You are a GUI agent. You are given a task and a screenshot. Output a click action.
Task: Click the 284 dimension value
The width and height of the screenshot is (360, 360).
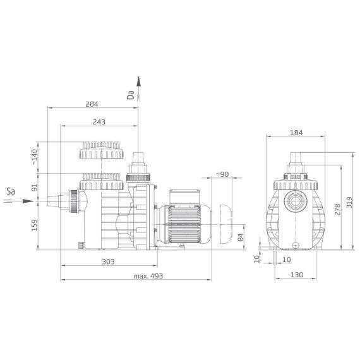point(92,104)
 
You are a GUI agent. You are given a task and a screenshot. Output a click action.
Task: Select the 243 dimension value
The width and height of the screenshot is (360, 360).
point(99,122)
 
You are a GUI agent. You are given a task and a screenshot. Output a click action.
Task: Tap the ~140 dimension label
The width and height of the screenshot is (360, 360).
point(34,157)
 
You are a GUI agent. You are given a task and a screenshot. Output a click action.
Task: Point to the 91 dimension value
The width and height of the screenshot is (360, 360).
point(34,188)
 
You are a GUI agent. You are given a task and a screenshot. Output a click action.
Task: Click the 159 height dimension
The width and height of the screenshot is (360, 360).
point(34,225)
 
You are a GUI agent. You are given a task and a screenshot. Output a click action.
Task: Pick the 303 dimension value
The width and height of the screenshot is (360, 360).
point(108,261)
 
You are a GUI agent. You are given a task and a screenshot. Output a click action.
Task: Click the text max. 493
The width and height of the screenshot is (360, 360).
point(148,276)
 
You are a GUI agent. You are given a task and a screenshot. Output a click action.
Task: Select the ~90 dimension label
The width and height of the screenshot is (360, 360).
point(222,174)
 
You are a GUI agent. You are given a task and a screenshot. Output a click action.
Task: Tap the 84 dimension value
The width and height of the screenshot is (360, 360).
point(240,237)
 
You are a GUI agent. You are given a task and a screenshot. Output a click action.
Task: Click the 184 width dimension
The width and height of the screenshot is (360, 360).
point(296,133)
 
